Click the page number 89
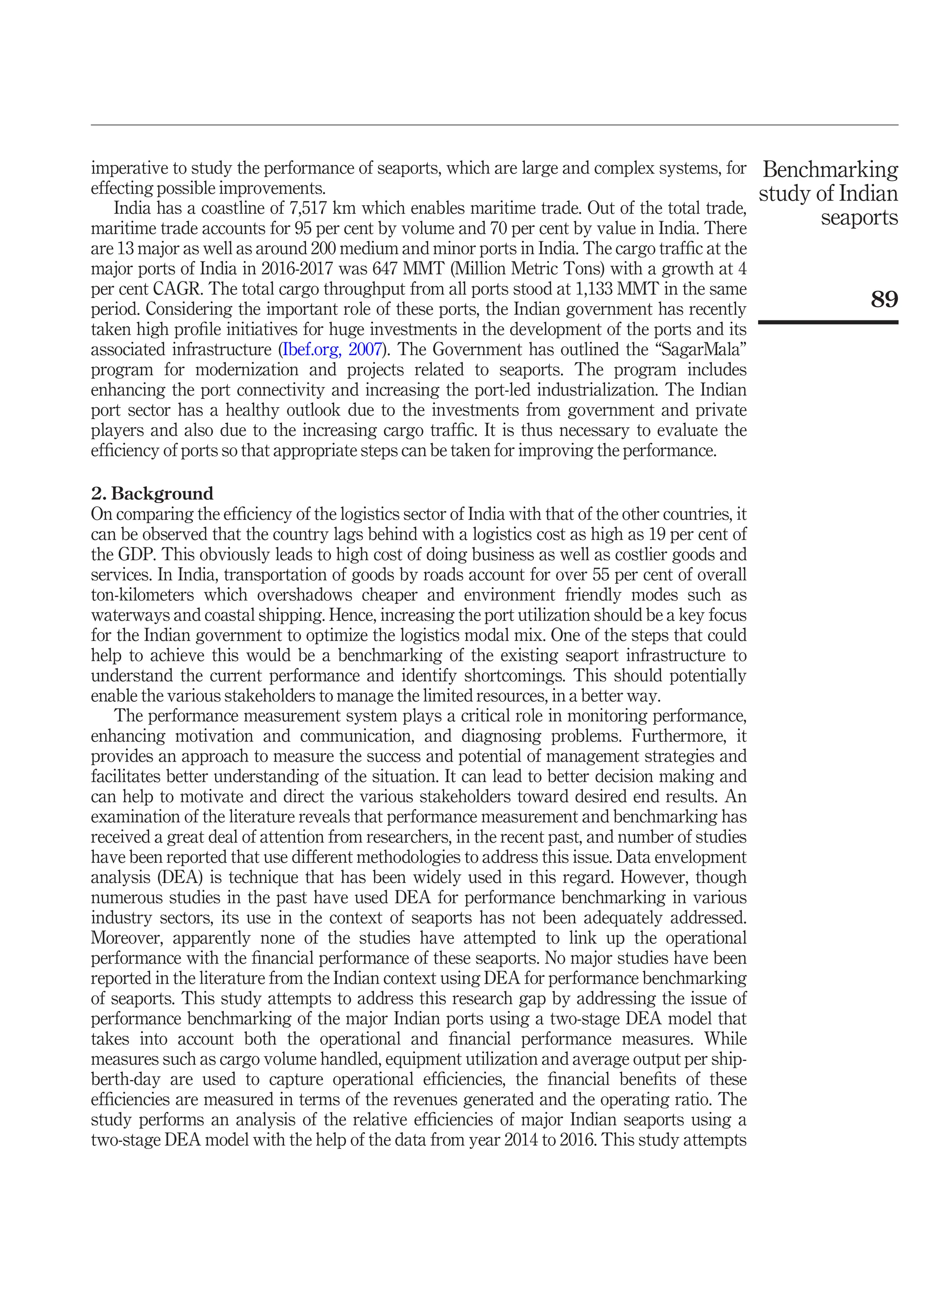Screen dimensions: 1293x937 [884, 299]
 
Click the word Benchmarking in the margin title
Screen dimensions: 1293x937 [830, 170]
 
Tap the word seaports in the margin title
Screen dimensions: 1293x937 [860, 218]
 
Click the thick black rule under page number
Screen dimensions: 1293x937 [828, 323]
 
